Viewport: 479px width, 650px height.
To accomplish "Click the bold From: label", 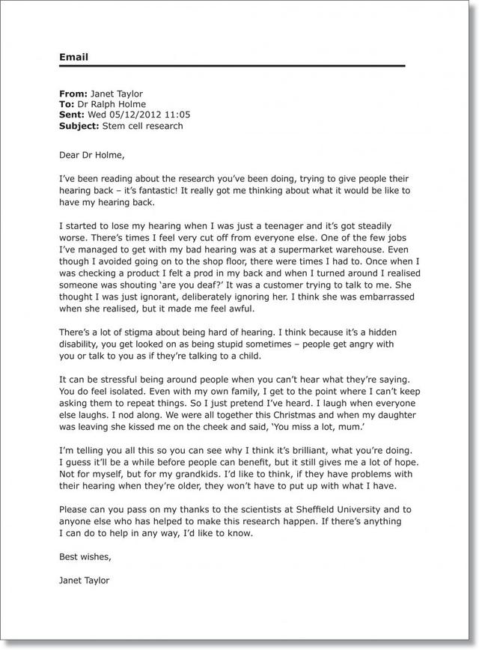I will coord(73,94).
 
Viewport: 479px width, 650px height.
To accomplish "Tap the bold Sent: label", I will coord(72,115).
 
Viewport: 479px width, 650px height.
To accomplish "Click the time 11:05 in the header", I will coord(177,115).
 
